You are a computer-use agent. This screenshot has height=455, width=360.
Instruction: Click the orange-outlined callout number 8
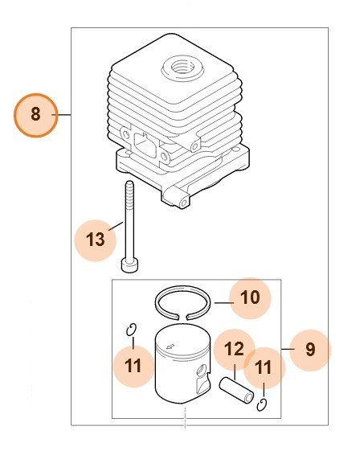[35, 115]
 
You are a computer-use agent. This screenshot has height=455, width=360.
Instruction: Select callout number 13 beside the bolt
[95, 239]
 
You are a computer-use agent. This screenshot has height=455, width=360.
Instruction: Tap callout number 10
[250, 298]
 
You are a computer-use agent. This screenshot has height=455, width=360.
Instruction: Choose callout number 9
[310, 350]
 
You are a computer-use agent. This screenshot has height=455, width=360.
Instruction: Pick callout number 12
[234, 350]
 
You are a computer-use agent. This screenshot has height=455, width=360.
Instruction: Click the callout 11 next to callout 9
[264, 368]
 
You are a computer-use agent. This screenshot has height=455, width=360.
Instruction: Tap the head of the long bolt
[128, 263]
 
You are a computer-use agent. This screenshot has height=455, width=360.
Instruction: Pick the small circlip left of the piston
[133, 328]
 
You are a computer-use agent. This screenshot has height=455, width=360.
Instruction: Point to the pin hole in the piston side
[200, 371]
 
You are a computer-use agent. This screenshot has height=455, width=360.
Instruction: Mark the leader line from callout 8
[64, 115]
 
